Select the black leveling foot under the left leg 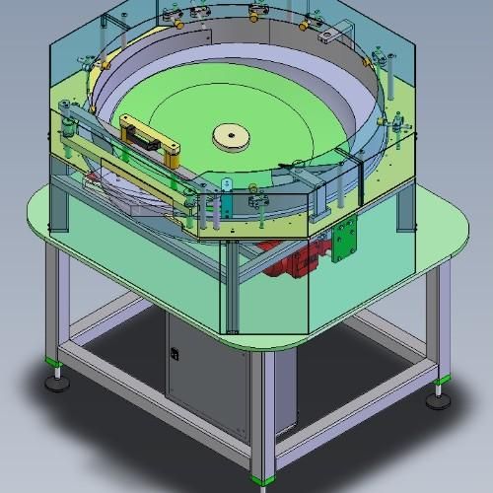coord(58,382)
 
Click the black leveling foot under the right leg coord(437,398)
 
